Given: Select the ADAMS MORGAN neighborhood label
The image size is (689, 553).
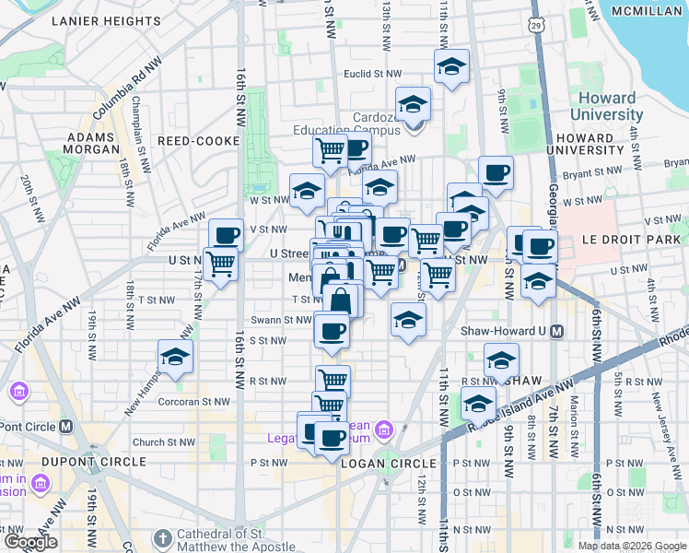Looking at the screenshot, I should [92, 142].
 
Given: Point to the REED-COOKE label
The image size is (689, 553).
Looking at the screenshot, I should [199, 141].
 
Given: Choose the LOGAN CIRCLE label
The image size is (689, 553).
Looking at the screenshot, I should [388, 463].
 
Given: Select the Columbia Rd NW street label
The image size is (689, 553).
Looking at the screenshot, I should [127, 89].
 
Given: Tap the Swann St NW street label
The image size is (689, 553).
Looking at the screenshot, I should [285, 320].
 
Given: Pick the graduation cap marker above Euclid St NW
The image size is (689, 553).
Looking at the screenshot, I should [451, 66].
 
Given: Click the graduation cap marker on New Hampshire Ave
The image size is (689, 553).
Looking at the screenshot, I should [175, 357].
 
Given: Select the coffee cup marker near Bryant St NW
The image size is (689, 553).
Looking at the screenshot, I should [496, 173].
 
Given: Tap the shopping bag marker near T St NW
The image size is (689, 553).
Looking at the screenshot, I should [341, 300].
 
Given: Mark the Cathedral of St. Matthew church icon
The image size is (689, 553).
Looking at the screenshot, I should [162, 537].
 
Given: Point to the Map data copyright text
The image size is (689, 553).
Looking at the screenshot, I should [632, 546].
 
